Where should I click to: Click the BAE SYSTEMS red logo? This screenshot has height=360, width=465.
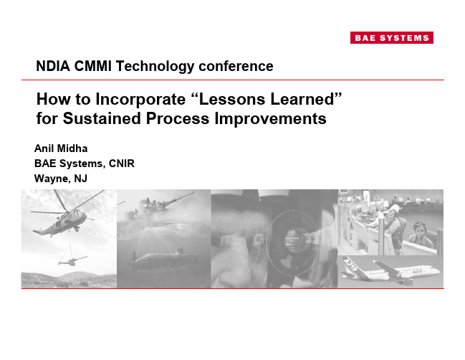[391, 38]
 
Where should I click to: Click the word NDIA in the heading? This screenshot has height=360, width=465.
[53, 66]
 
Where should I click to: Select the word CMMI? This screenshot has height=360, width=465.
[93, 66]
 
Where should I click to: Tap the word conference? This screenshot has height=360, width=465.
[236, 66]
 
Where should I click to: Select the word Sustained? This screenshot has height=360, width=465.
[102, 118]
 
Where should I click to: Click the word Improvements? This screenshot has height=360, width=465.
[270, 119]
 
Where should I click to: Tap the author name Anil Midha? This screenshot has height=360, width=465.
[61, 148]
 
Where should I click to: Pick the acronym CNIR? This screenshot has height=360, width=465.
[122, 164]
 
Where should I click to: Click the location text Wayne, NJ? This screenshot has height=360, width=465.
[60, 179]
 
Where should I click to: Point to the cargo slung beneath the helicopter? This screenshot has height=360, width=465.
[72, 260]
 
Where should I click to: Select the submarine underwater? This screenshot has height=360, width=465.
[163, 259]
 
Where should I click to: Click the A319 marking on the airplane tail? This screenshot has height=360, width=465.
[350, 264]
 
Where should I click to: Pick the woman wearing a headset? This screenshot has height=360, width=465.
[420, 236]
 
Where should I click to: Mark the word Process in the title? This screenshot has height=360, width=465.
[178, 118]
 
